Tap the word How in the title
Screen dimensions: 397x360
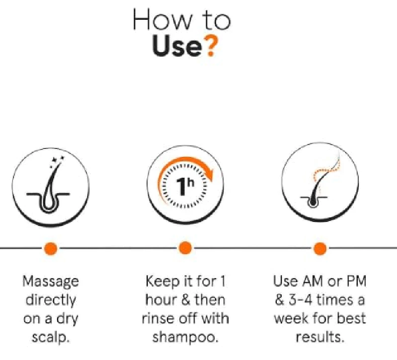click(x=162, y=20)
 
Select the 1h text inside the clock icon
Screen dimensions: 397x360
click(x=185, y=186)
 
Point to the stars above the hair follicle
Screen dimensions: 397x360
click(x=57, y=162)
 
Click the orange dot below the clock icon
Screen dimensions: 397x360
click(x=185, y=248)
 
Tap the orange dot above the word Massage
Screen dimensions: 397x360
click(x=51, y=248)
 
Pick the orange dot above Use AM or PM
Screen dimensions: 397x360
click(x=320, y=248)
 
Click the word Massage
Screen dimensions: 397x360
click(x=51, y=282)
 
